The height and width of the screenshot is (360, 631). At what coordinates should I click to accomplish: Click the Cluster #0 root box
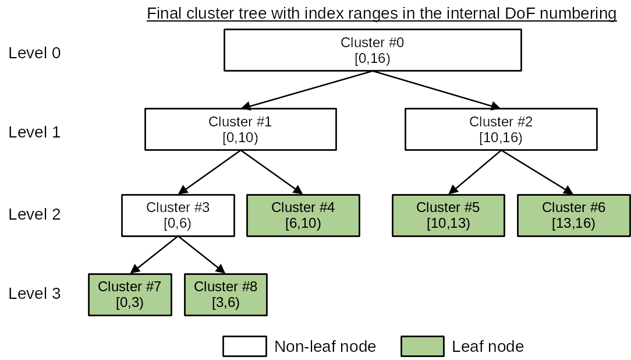pyautogui.click(x=372, y=50)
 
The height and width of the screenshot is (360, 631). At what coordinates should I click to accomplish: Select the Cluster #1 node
pyautogui.click(x=240, y=129)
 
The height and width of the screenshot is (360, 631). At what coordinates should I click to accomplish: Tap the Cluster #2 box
pyautogui.click(x=501, y=129)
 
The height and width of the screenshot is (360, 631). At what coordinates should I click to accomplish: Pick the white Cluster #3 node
pyautogui.click(x=178, y=215)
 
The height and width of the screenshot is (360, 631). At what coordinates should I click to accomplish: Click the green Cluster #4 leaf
pyautogui.click(x=303, y=215)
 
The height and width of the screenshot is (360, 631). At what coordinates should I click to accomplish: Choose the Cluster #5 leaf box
pyautogui.click(x=448, y=215)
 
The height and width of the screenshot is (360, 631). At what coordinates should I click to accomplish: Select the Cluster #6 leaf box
pyautogui.click(x=573, y=215)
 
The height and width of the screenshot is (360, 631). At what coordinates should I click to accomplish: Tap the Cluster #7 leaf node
pyautogui.click(x=129, y=294)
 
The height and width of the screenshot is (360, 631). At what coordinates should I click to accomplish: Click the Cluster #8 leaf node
pyautogui.click(x=225, y=294)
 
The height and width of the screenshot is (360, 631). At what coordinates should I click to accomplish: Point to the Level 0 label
pyautogui.click(x=34, y=53)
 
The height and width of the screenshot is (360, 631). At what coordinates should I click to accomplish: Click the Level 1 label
pyautogui.click(x=34, y=132)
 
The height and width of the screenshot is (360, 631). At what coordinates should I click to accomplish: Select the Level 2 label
pyautogui.click(x=34, y=214)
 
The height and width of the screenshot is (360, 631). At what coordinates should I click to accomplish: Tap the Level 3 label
pyautogui.click(x=34, y=294)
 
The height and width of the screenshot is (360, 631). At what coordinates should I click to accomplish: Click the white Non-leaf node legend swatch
pyautogui.click(x=244, y=346)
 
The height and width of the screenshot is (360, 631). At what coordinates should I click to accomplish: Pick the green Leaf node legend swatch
pyautogui.click(x=422, y=346)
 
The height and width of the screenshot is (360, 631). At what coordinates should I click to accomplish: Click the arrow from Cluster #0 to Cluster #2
pyautogui.click(x=437, y=90)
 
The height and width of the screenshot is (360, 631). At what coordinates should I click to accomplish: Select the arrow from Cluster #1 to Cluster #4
pyautogui.click(x=272, y=172)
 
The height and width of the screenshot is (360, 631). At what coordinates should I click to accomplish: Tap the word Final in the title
pyautogui.click(x=162, y=13)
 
